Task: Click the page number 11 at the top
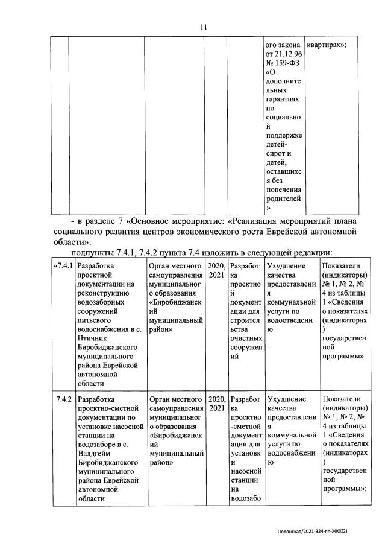(204, 27)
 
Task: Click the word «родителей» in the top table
(283, 198)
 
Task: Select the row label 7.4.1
(64, 266)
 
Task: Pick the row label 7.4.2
(64, 399)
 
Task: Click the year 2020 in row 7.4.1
(216, 266)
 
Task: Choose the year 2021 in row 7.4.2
(215, 409)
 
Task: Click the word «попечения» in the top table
(284, 188)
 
